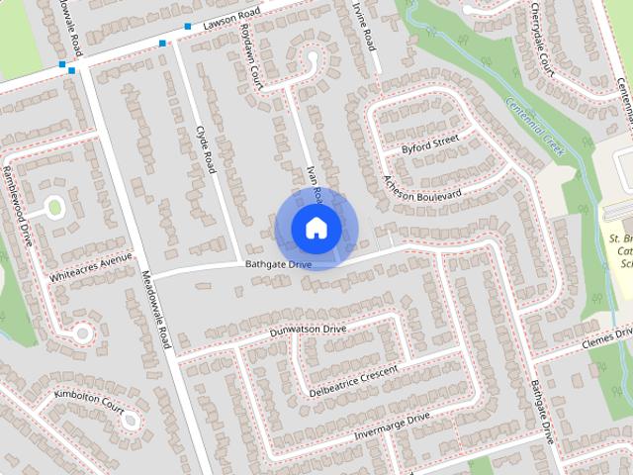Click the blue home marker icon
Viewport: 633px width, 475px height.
(x=316, y=228)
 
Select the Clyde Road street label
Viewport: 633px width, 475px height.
(x=206, y=149)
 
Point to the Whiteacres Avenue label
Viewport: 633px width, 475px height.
(x=90, y=265)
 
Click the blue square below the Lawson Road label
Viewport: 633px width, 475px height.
(x=162, y=44)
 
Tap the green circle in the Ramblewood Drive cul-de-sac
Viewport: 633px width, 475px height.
(x=54, y=208)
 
